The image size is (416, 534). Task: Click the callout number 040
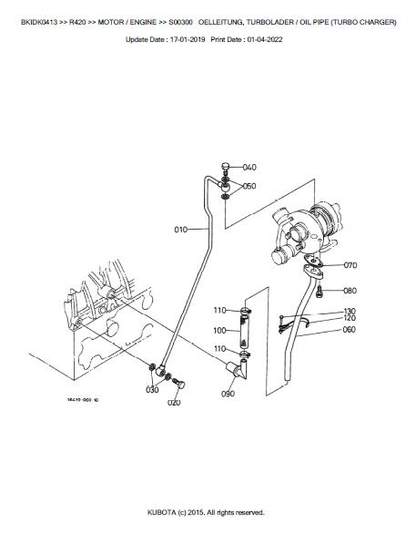249,167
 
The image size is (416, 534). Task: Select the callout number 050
249,186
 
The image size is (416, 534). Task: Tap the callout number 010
180,230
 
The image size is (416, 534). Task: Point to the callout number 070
350,265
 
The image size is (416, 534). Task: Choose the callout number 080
350,291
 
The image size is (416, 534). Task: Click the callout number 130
350,311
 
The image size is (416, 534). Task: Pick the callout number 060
349,329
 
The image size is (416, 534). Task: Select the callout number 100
219,331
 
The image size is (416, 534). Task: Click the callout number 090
228,394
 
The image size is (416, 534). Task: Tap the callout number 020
174,403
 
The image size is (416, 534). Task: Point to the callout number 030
152,390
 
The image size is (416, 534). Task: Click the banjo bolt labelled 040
225,169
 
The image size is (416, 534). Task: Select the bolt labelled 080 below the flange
319,292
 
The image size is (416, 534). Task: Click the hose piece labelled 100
245,332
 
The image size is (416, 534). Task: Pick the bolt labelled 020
178,383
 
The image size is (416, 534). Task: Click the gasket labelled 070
314,261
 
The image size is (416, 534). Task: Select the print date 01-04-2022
265,39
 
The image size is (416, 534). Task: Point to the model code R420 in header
77,22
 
